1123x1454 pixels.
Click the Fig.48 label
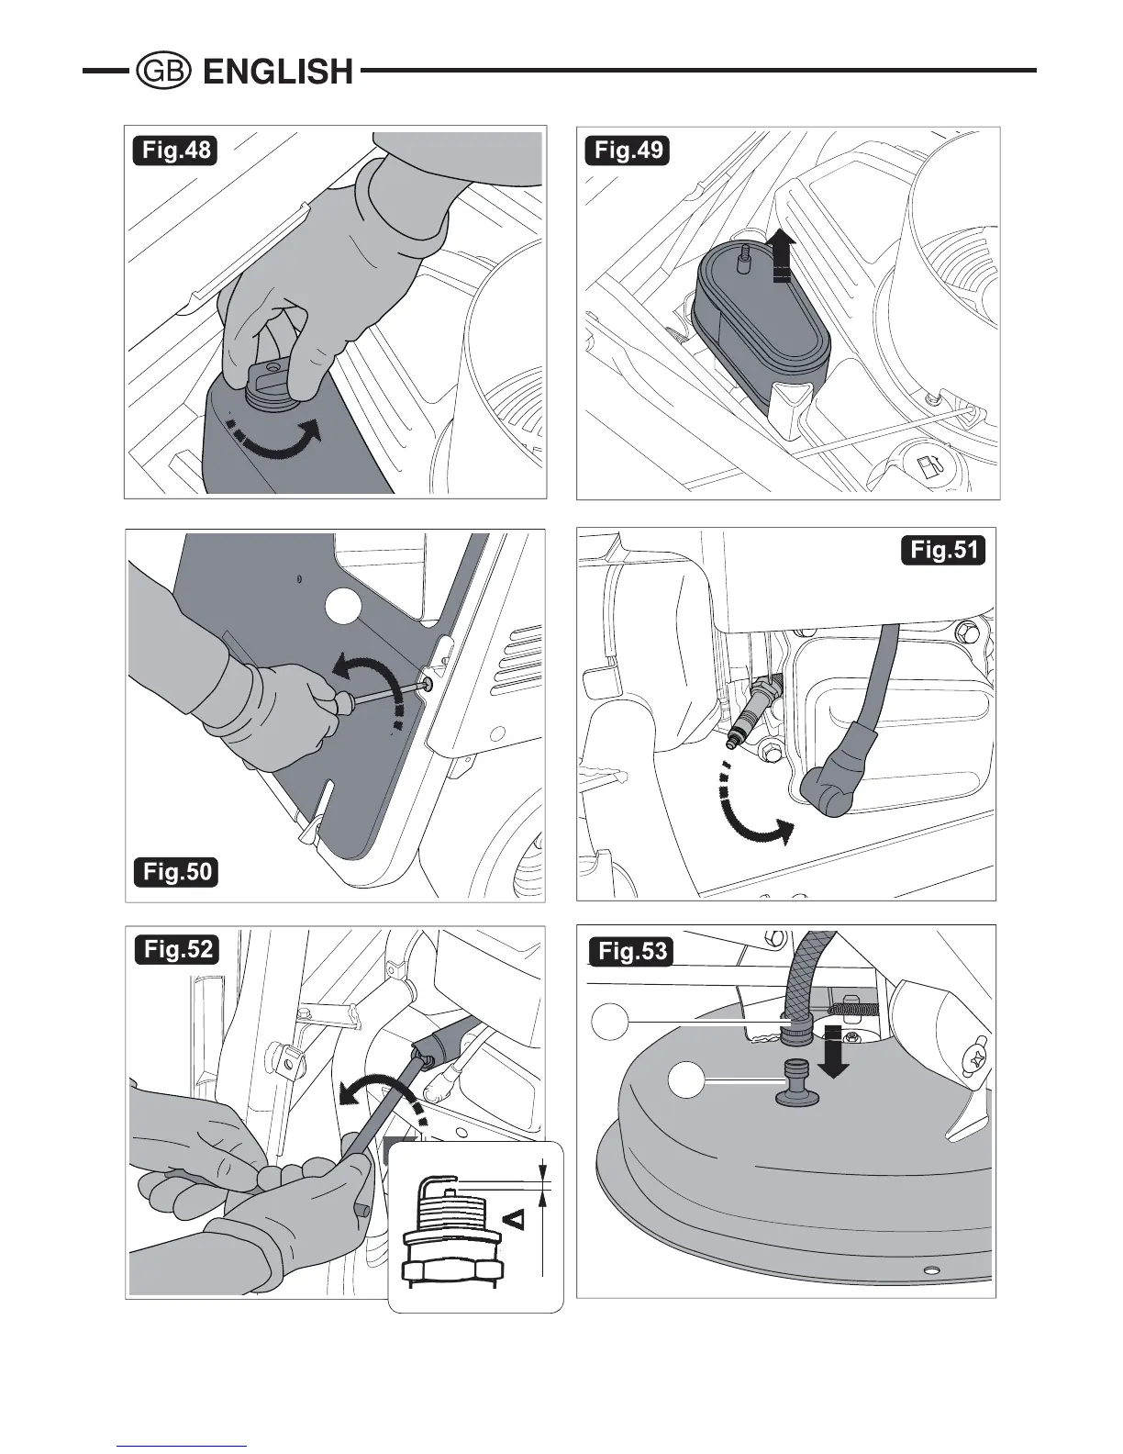point(175,150)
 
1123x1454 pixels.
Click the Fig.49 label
point(628,150)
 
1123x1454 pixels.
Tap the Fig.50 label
point(176,871)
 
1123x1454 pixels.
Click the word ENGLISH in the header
point(278,72)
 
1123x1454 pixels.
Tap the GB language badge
point(162,72)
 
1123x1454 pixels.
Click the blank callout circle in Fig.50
point(344,608)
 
